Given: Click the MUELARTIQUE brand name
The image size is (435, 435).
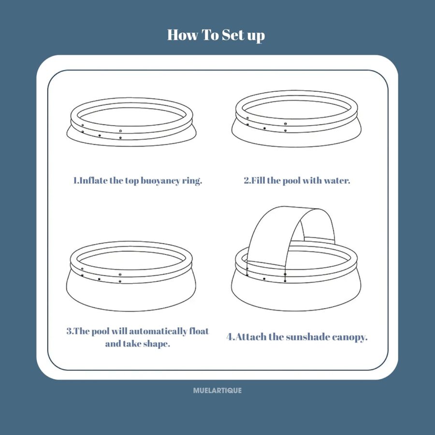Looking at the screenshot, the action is (x=217, y=391).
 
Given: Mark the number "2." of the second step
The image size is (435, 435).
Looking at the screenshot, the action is (x=247, y=181).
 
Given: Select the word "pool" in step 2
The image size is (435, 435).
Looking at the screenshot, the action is (x=291, y=181).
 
